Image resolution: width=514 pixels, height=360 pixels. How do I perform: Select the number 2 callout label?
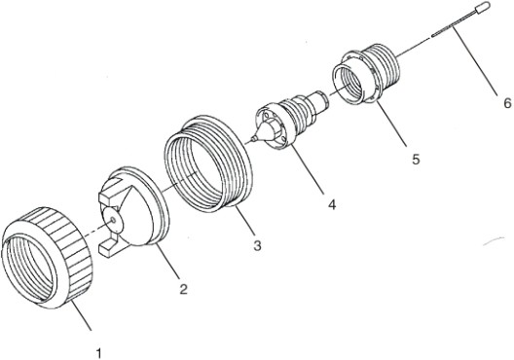click(x=181, y=290)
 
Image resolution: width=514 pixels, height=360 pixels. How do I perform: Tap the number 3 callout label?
click(x=256, y=246)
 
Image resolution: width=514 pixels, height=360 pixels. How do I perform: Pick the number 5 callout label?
click(x=415, y=158)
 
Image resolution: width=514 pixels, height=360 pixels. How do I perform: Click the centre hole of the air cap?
click(x=116, y=221)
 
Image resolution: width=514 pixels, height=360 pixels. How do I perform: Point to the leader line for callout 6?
click(x=479, y=63)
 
